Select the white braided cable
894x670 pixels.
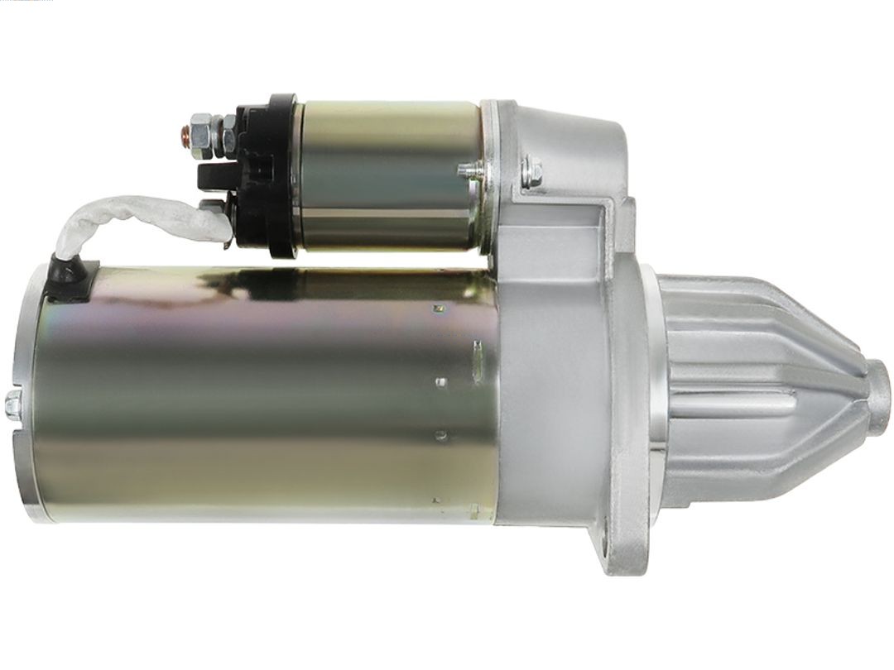tap(132, 215)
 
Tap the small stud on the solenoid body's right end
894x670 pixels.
tap(470, 172)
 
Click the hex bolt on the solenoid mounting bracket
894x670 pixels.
tap(532, 173)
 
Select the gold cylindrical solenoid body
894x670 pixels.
tap(389, 174)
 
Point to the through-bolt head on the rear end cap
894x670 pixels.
tap(13, 404)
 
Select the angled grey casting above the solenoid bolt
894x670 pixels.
tap(571, 141)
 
